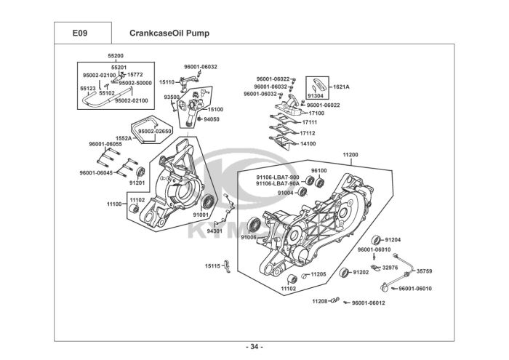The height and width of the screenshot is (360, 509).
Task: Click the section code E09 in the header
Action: coord(81,33)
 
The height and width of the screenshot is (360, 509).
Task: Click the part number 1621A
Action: coord(341,87)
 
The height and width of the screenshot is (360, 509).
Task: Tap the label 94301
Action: coord(216,231)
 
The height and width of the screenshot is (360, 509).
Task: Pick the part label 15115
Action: coord(212,266)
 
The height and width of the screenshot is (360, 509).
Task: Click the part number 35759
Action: coord(424,271)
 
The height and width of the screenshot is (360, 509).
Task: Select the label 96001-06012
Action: coord(369,303)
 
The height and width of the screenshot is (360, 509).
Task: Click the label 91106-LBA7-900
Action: coord(277,177)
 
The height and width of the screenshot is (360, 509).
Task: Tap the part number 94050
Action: coord(212,119)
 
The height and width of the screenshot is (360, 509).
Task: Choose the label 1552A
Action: coord(123,137)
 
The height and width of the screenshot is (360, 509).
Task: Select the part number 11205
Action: coord(318,274)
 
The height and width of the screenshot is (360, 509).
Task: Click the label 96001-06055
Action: coord(105,144)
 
